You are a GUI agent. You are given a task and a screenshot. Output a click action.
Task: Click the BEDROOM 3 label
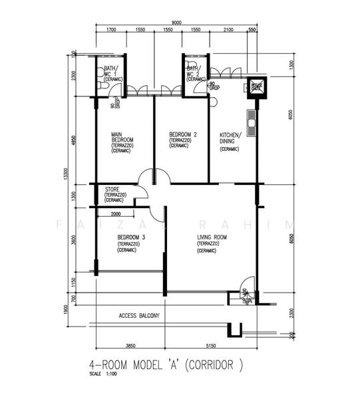pyautogui.click(x=130, y=237)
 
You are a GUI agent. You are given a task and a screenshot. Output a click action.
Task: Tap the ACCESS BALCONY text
pyautogui.click(x=138, y=315)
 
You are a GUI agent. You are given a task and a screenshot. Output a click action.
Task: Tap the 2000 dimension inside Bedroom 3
pyautogui.click(x=116, y=214)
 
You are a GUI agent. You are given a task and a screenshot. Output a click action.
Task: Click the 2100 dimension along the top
pyautogui.click(x=228, y=30)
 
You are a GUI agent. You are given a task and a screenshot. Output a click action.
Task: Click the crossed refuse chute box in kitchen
pyautogui.click(x=256, y=86)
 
